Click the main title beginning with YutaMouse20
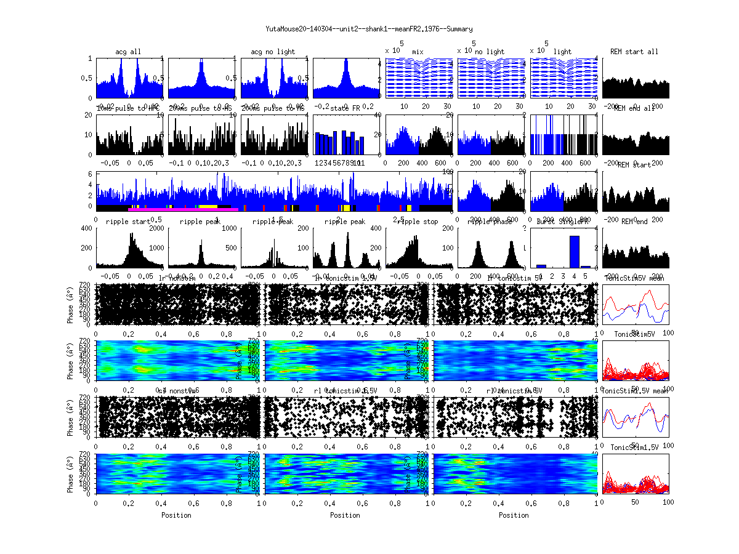pyautogui.click(x=369, y=29)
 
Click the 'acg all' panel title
pyautogui.click(x=128, y=52)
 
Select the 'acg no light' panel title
pyautogui.click(x=273, y=52)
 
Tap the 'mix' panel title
pyautogui.click(x=418, y=52)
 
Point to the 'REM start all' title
pyautogui.click(x=634, y=52)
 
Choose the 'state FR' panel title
pyautogui.click(x=345, y=108)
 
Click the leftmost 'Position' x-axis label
pyautogui.click(x=176, y=515)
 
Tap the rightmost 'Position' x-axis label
pyautogui.click(x=514, y=515)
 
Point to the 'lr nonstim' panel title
pyautogui.click(x=176, y=278)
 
